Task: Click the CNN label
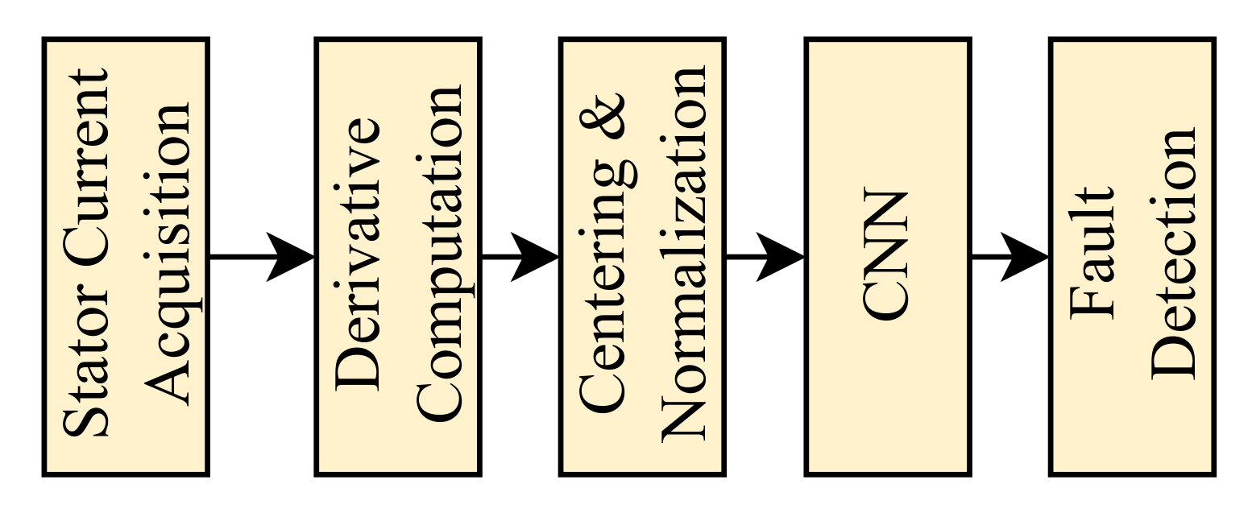pyautogui.click(x=886, y=255)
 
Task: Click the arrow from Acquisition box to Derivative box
pyautogui.click(x=262, y=257)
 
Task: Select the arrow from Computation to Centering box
pyautogui.click(x=520, y=257)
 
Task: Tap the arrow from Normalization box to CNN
pyautogui.click(x=765, y=257)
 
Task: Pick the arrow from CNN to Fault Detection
pyautogui.click(x=1009, y=257)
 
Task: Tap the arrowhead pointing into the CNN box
pyautogui.click(x=781, y=257)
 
